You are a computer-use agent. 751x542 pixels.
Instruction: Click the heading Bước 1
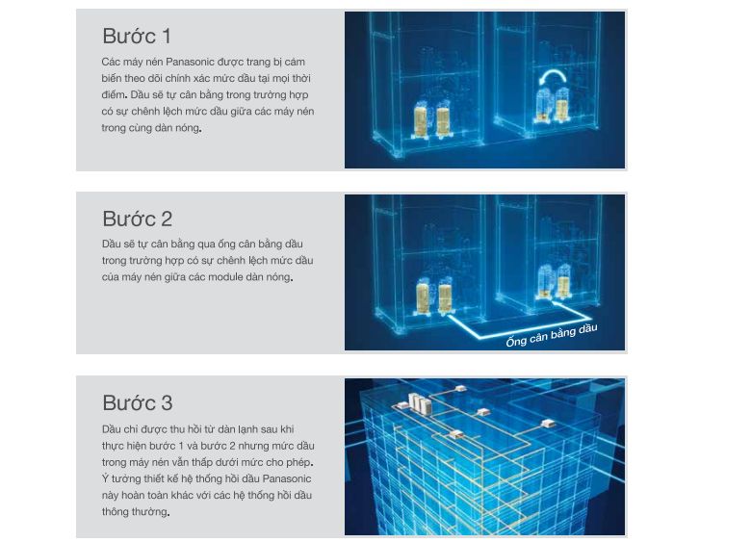pyautogui.click(x=137, y=37)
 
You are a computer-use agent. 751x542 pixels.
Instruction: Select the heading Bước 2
pyautogui.click(x=137, y=219)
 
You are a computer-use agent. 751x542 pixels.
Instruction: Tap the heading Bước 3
pyautogui.click(x=137, y=402)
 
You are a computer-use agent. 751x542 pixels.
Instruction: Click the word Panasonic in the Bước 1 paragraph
pyautogui.click(x=187, y=62)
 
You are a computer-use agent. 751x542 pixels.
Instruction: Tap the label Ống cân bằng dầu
pyautogui.click(x=552, y=335)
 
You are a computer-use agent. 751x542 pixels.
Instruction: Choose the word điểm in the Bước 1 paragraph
pyautogui.click(x=113, y=95)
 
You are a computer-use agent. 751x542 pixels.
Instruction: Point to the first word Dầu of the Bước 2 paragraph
pyautogui.click(x=112, y=245)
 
